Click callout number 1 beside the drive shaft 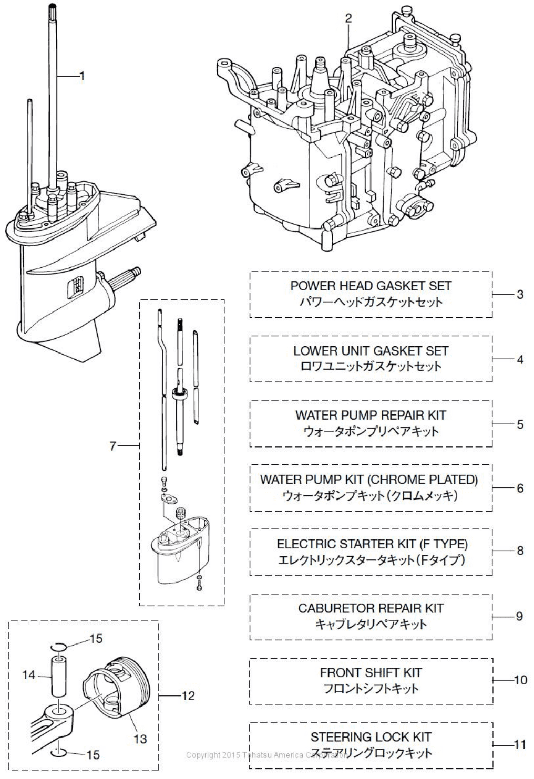tap(81, 76)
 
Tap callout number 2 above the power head tap(348, 18)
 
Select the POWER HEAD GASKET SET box tap(371, 294)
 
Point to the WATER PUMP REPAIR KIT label tap(371, 415)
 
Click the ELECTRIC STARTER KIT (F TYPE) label tap(372, 544)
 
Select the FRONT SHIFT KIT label tap(371, 673)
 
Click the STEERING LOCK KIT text tap(371, 738)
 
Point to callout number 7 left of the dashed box tap(113, 446)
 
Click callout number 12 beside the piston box tap(188, 696)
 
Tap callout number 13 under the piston tap(140, 739)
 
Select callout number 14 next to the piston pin tap(28, 675)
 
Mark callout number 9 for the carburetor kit tap(519, 616)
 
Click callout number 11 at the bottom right tap(519, 744)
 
